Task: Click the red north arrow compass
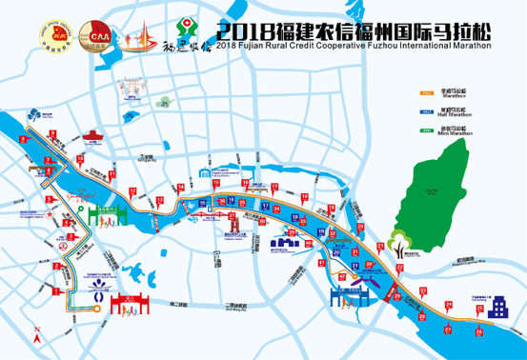36,335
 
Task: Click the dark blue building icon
498,308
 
